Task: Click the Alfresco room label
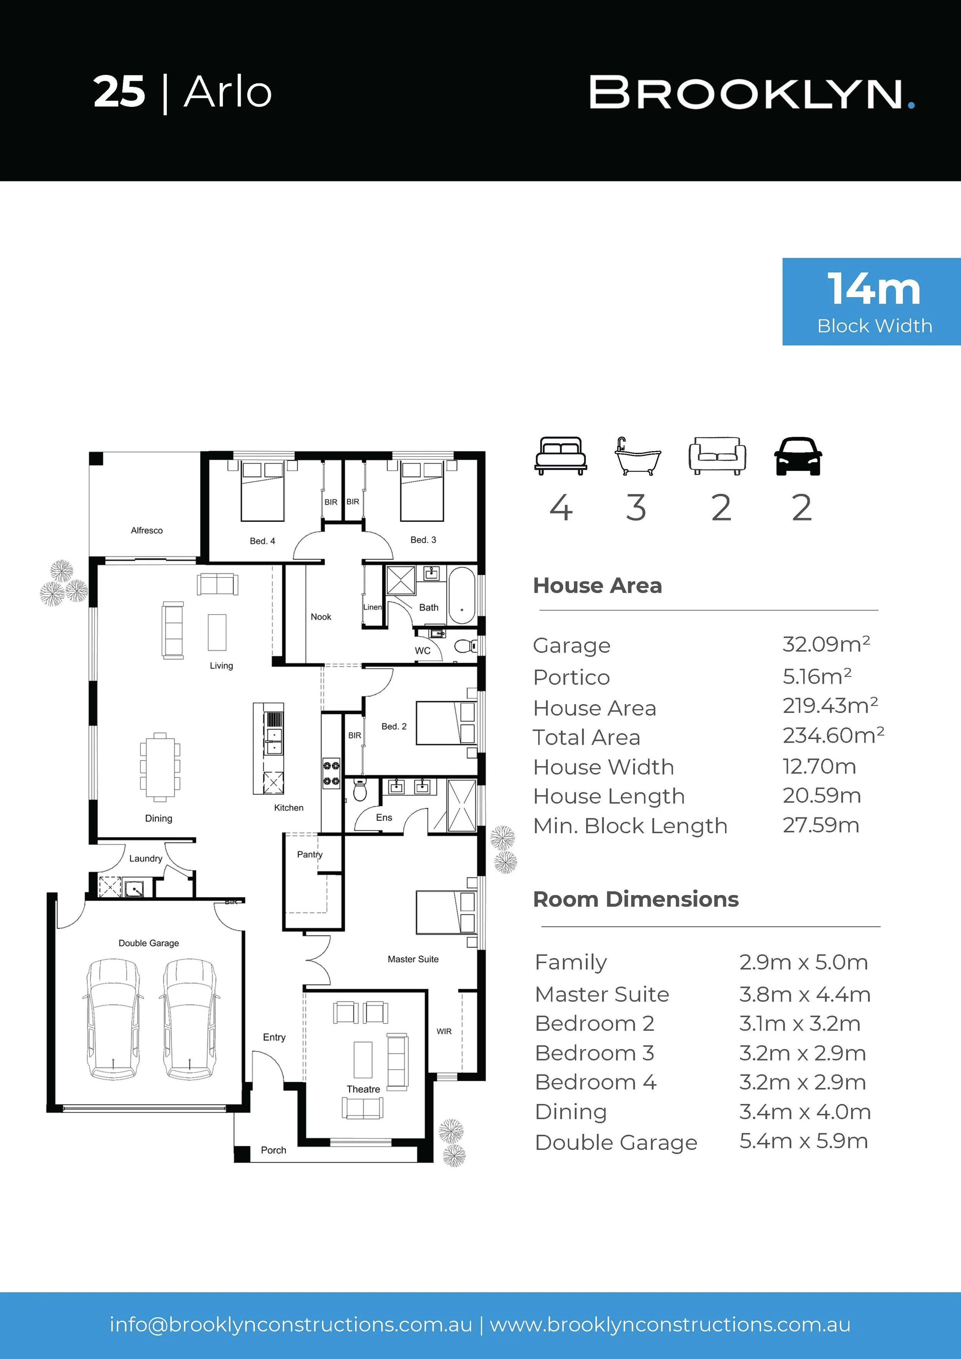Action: pos(147,530)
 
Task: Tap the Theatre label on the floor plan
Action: pos(364,1089)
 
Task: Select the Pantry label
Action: pos(310,855)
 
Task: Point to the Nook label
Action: pos(321,617)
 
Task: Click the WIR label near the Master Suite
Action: pos(444,1031)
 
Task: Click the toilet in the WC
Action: pos(466,646)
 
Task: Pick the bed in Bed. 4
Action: pos(262,491)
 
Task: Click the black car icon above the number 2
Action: pos(798,456)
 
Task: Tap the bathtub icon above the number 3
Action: pos(637,456)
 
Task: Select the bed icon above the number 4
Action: pos(561,456)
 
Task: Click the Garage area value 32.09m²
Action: pos(826,644)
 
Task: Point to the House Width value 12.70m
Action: pos(819,766)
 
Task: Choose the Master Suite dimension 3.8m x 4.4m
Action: pos(805,994)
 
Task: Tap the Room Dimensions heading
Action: pos(636,899)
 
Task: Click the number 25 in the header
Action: pos(119,92)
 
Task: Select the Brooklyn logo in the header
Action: pos(752,93)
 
